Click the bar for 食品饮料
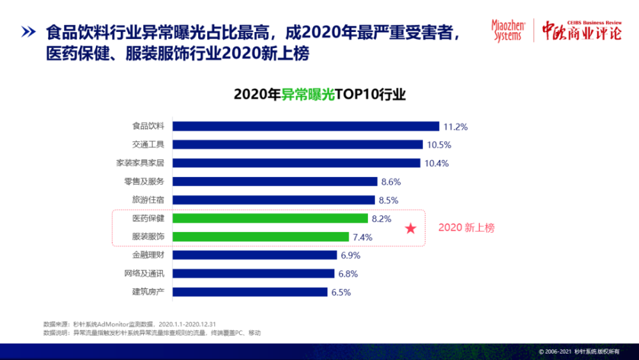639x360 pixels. tap(306, 126)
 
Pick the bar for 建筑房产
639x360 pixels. tap(250, 292)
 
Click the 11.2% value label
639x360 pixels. tap(456, 126)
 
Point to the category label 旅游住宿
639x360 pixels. tap(148, 200)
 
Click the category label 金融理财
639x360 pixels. tap(148, 255)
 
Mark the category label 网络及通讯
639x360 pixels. tap(144, 274)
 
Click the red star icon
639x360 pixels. tap(411, 228)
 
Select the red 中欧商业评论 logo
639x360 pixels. tap(581, 30)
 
